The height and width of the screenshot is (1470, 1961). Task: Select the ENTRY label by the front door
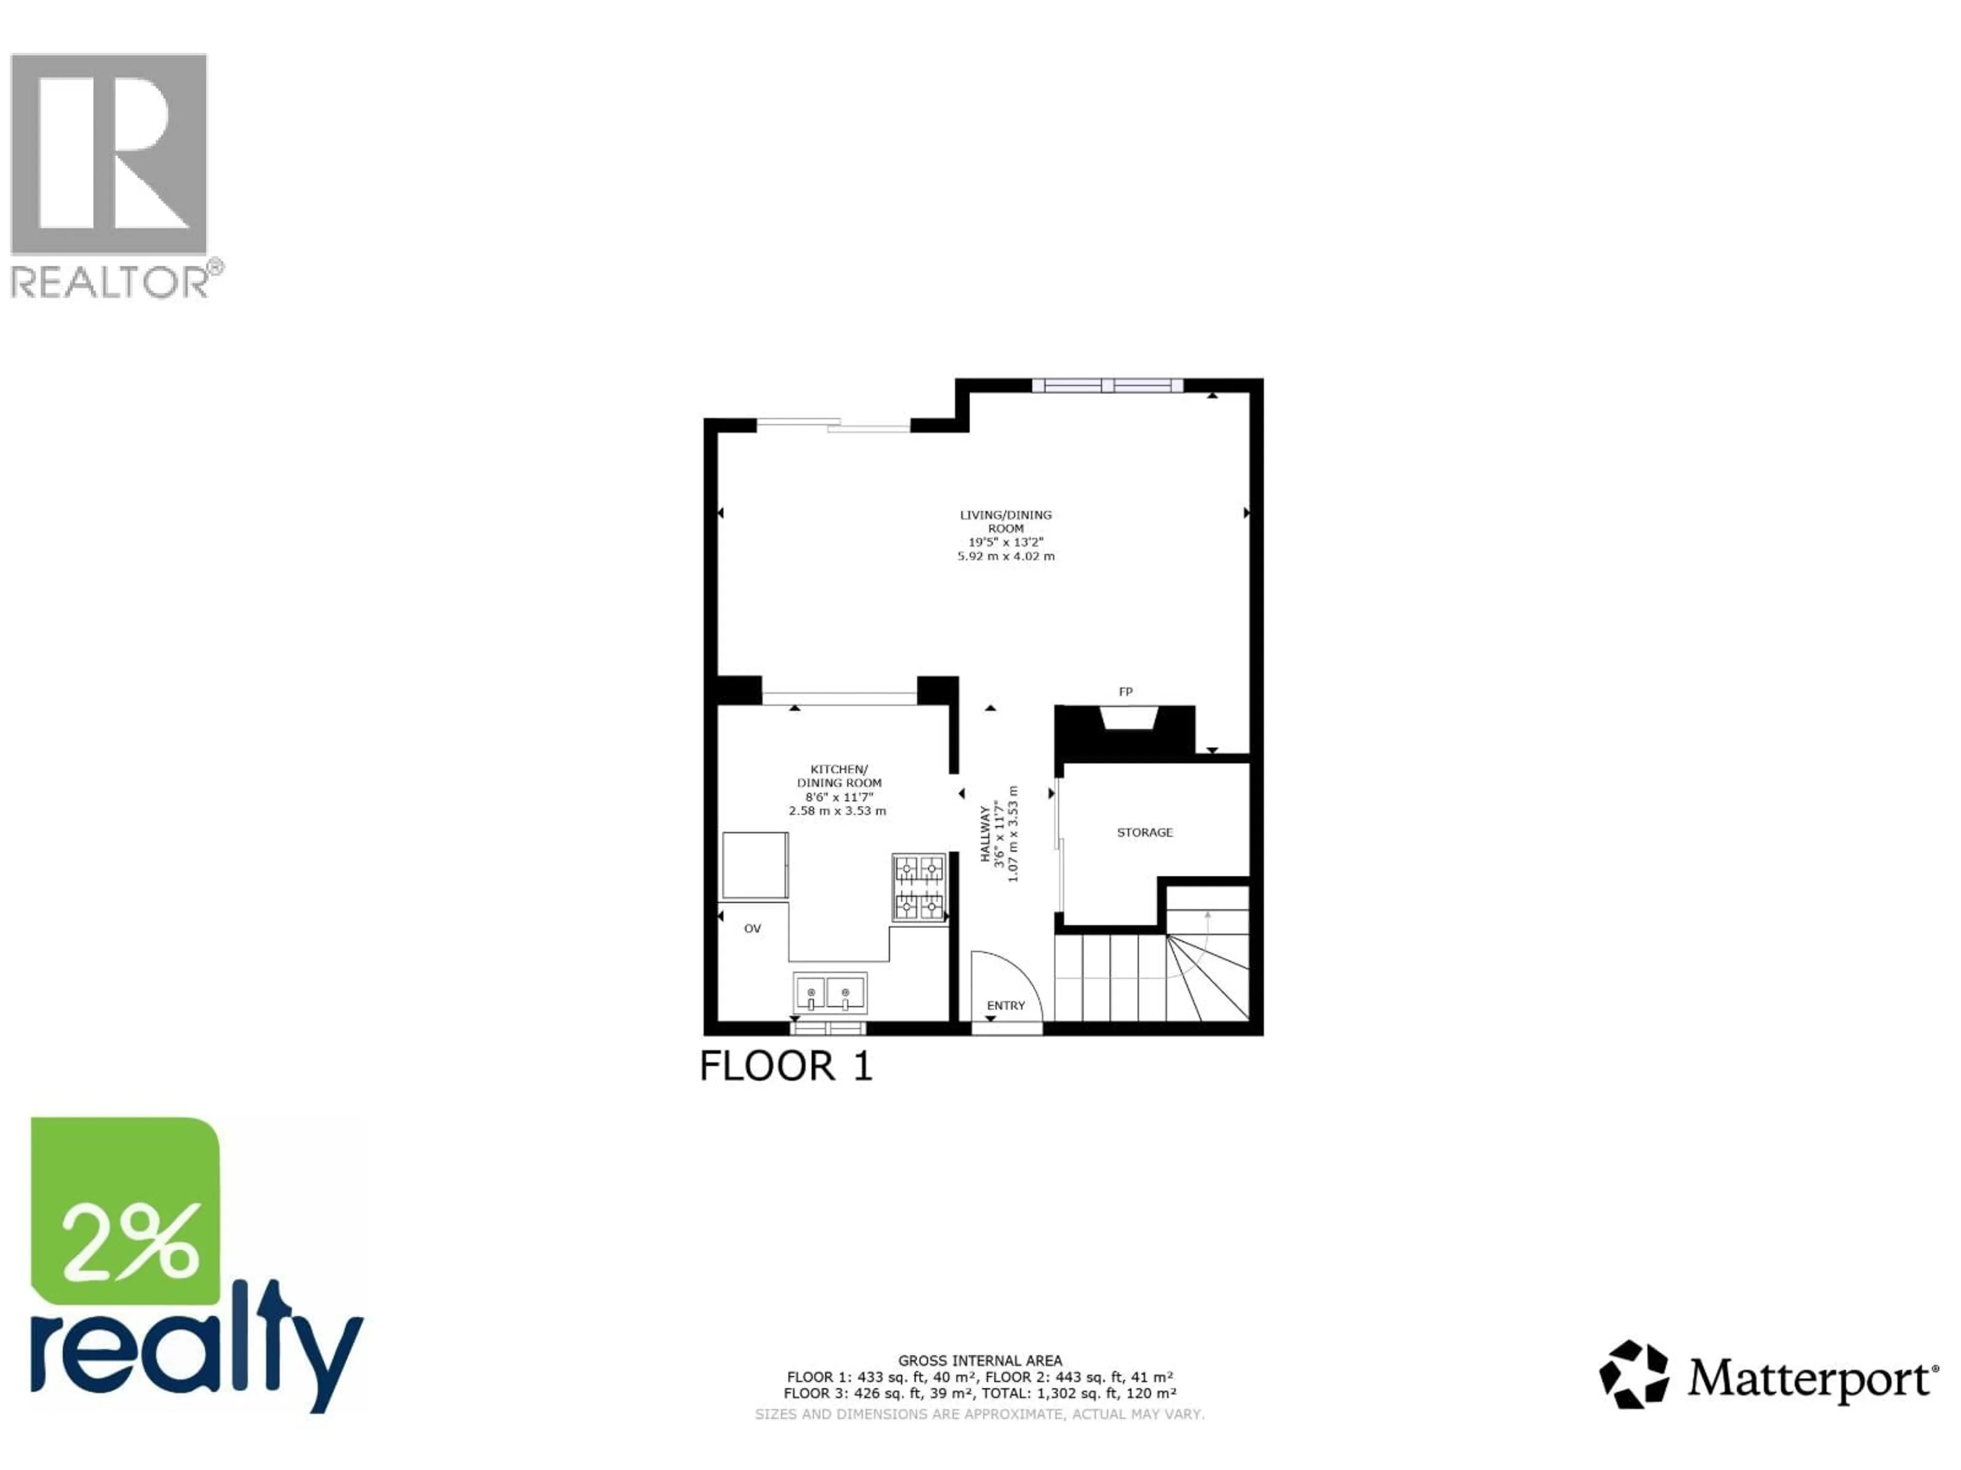[x=1006, y=1006]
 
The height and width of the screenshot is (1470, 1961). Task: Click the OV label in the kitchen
[x=752, y=928]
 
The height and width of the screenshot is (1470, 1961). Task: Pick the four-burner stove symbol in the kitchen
[x=918, y=888]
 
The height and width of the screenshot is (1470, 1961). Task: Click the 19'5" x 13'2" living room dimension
[x=1006, y=542]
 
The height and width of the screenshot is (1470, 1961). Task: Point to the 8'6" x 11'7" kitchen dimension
[x=839, y=797]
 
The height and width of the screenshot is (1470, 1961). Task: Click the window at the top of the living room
[x=1107, y=385]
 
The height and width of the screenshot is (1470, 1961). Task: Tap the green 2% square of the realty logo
[x=126, y=1210]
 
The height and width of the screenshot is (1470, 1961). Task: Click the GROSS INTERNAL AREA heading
[x=979, y=1360]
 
